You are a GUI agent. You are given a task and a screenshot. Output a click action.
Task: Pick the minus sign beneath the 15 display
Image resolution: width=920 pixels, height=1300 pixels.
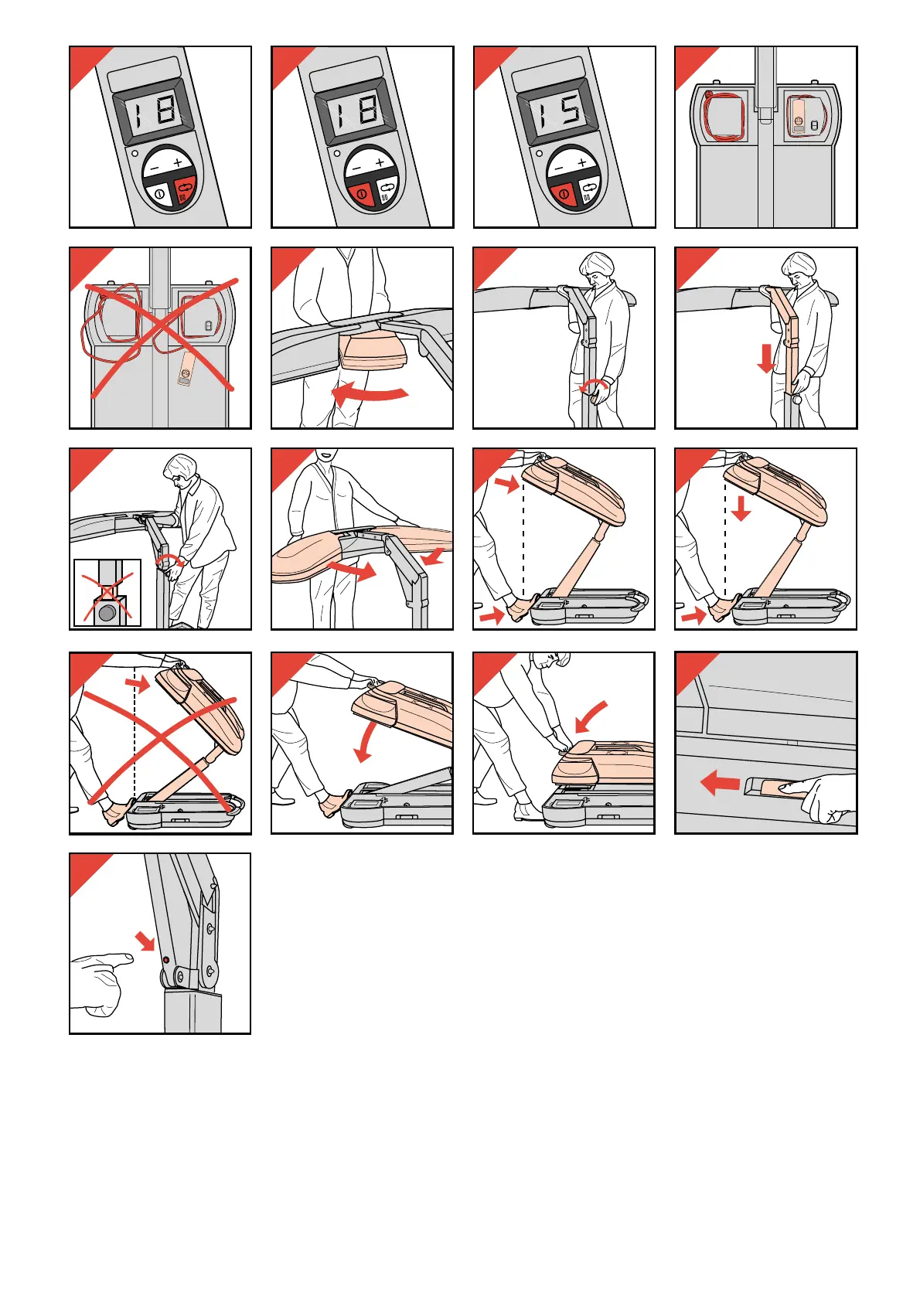pos(560,168)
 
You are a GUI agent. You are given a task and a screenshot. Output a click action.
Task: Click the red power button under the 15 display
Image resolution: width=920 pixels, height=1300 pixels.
pos(561,192)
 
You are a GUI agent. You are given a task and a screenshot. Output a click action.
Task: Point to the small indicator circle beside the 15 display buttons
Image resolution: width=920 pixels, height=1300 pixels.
pos(539,155)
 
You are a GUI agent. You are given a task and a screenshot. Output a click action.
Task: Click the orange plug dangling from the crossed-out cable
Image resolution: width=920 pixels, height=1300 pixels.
pos(186,369)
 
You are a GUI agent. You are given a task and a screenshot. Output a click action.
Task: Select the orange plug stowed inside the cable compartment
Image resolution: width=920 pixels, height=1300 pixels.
pos(799,116)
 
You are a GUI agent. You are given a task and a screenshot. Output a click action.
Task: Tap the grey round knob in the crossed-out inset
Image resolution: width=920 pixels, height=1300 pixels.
pos(107,611)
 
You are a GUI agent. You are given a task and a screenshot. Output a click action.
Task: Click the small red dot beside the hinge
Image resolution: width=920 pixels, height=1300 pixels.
pos(166,961)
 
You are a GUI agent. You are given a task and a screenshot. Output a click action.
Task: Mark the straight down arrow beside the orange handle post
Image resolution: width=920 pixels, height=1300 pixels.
pos(766,358)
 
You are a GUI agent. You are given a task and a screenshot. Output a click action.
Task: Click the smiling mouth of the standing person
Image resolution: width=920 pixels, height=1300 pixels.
pos(324,455)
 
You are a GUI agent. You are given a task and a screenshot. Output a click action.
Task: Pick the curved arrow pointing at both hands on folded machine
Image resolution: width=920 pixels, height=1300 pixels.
pos(590,716)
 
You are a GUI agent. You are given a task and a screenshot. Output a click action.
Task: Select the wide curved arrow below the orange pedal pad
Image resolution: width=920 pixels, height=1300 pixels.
pos(370,393)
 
